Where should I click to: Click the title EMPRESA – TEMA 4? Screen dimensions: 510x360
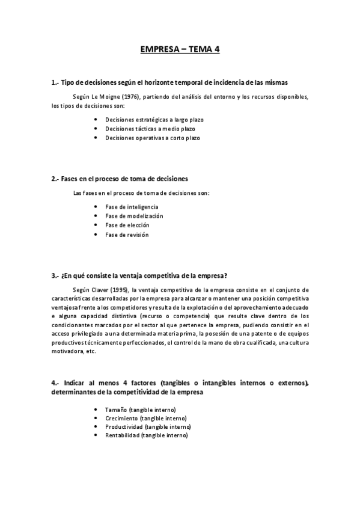(x=180, y=50)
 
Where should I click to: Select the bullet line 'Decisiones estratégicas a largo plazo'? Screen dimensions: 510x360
(x=154, y=120)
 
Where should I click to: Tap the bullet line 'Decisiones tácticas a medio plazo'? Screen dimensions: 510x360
(x=150, y=129)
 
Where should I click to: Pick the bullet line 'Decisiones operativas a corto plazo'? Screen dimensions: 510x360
(x=152, y=138)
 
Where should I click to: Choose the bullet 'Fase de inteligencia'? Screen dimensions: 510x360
(x=132, y=207)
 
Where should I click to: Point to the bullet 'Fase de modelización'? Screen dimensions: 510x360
(x=133, y=216)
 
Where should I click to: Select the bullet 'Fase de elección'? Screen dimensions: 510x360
(x=127, y=225)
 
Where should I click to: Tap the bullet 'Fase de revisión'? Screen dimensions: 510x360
(x=126, y=235)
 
